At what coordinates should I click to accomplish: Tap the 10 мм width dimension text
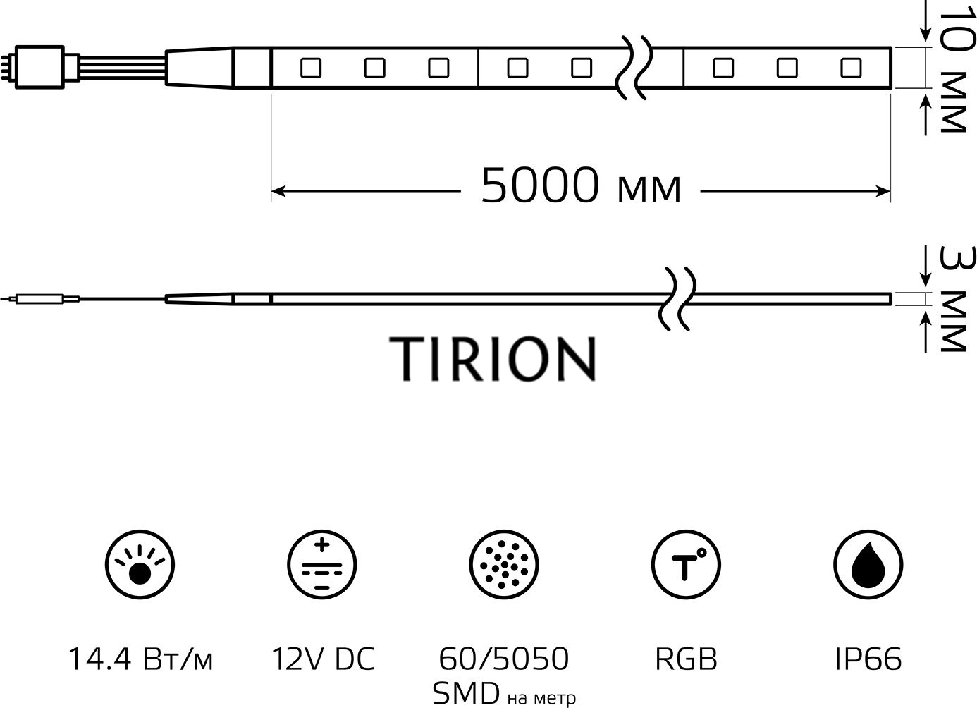(x=951, y=71)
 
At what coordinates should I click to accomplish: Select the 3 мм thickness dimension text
(x=951, y=299)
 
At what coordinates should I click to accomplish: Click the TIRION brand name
(x=493, y=358)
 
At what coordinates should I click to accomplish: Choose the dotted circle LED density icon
(x=503, y=565)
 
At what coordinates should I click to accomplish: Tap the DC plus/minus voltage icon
(x=321, y=565)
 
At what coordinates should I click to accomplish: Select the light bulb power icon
(x=140, y=565)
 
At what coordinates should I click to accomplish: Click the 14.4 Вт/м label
(x=140, y=659)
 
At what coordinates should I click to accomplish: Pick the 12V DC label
(x=322, y=659)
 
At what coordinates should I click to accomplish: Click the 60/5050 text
(x=503, y=659)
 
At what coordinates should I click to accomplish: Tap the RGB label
(x=686, y=659)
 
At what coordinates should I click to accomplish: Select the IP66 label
(x=868, y=659)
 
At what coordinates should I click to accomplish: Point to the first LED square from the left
(x=310, y=68)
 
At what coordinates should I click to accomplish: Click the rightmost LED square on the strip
(x=850, y=68)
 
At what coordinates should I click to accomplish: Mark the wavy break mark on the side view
(x=677, y=299)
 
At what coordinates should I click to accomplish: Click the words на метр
(x=541, y=698)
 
